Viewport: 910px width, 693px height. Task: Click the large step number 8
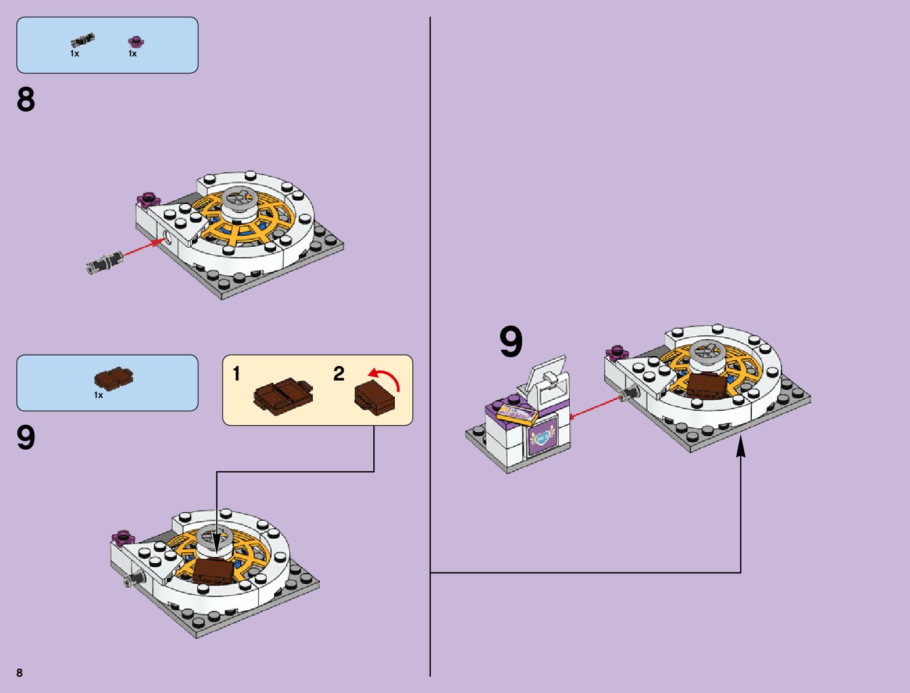click(x=26, y=100)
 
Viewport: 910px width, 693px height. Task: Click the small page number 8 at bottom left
click(x=20, y=673)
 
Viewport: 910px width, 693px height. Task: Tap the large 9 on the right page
click(x=511, y=343)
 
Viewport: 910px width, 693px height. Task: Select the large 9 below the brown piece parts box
click(x=26, y=438)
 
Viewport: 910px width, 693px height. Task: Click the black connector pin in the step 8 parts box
click(x=83, y=41)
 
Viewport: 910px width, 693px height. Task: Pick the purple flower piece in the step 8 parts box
click(x=136, y=41)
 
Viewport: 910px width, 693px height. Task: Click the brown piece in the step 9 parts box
click(x=114, y=378)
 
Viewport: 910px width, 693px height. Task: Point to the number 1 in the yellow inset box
click(x=237, y=374)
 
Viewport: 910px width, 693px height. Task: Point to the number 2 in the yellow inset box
click(x=339, y=374)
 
